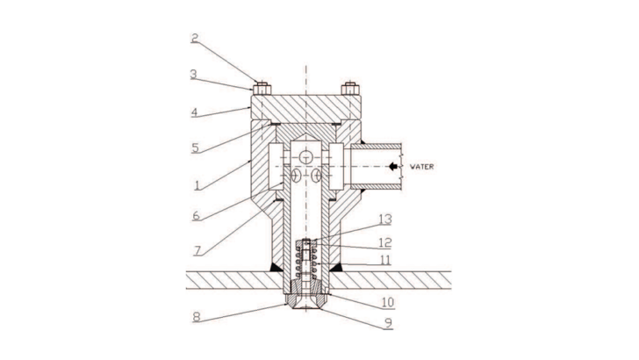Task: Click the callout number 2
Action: pos(195,39)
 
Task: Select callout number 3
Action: pos(194,75)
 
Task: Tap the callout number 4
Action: pos(194,112)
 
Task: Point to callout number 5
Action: pos(195,148)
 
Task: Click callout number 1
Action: pos(197,185)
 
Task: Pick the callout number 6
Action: pos(196,216)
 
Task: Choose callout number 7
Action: pos(197,250)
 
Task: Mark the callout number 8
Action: pos(197,317)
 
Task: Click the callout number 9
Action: pos(388,323)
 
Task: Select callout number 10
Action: pos(388,302)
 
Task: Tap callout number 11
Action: pos(385,260)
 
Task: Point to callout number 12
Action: pos(385,243)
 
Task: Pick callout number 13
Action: pos(385,220)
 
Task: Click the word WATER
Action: pos(422,166)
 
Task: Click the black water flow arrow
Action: pos(393,166)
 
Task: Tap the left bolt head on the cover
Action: pos(262,89)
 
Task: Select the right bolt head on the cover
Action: pos(350,89)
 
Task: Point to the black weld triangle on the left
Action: pos(276,267)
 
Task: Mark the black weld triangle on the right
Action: pos(336,267)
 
